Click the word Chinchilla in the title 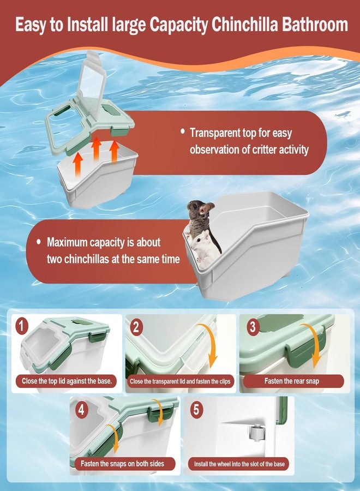click(245, 25)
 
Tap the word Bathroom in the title click(315, 25)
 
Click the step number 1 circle click(21, 326)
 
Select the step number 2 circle click(136, 327)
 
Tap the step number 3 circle click(253, 327)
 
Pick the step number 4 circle click(82, 410)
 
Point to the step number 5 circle click(196, 410)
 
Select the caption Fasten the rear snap click(292, 381)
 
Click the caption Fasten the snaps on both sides click(122, 463)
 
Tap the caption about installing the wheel click(239, 464)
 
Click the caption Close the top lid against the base click(67, 381)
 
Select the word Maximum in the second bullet click(67, 242)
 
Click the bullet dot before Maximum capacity click(39, 242)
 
